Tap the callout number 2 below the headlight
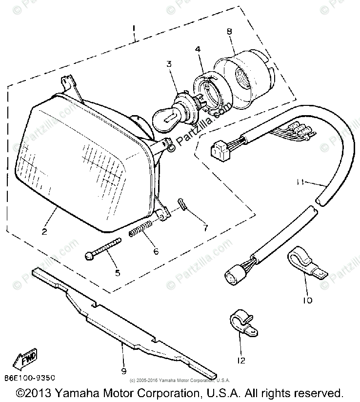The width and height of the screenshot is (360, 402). tap(44, 232)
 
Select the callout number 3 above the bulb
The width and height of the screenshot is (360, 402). tap(169, 64)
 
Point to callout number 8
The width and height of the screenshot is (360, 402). tap(229, 32)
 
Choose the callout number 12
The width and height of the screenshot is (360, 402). tap(241, 361)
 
